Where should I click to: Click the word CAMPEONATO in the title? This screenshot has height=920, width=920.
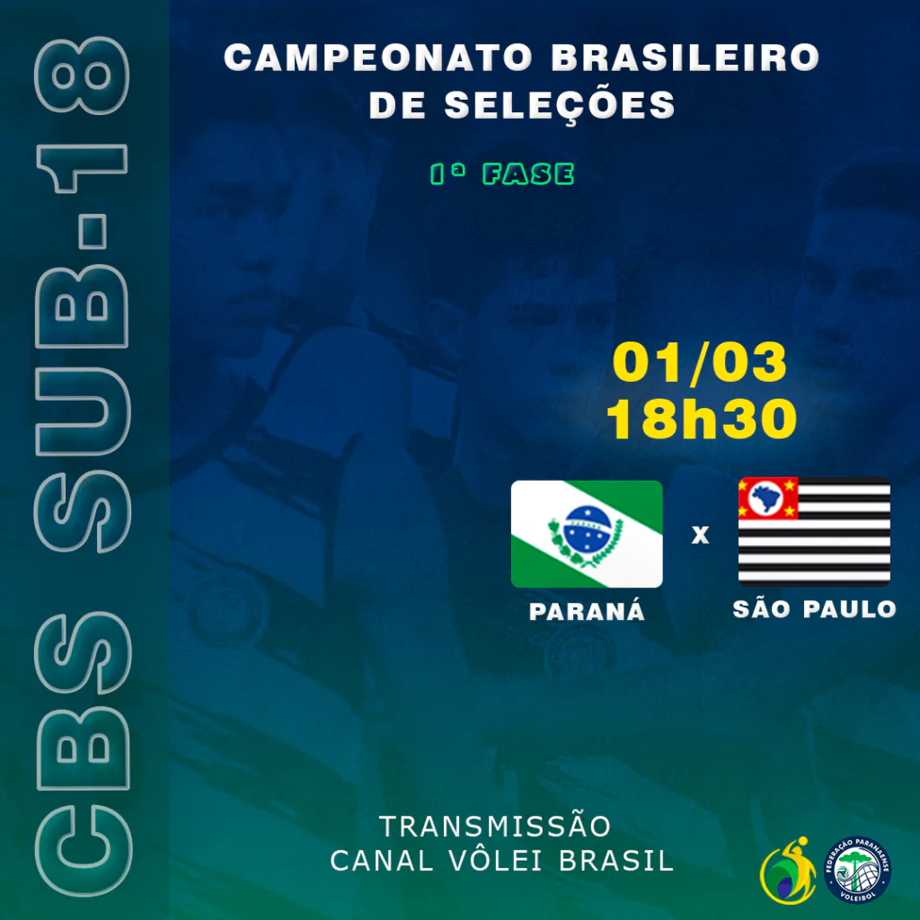tap(378, 57)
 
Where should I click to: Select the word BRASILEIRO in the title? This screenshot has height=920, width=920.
tap(685, 57)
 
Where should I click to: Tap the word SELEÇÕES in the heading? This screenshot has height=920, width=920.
tap(560, 106)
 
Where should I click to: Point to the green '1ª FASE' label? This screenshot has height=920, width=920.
tap(501, 174)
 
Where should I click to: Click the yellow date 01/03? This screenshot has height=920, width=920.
tap(699, 363)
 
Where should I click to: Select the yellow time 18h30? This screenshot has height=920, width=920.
tap(701, 419)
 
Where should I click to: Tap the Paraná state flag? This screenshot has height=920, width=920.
tap(587, 534)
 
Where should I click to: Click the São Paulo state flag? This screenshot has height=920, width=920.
tap(814, 532)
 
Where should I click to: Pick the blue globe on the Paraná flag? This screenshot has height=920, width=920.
tap(587, 529)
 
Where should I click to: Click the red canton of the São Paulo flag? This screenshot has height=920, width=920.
tap(768, 498)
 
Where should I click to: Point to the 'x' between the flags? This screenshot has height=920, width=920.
tap(700, 535)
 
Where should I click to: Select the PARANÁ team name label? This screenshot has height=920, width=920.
tap(587, 611)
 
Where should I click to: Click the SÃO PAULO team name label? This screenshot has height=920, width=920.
tap(814, 609)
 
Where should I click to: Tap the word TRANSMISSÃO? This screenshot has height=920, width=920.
tap(495, 827)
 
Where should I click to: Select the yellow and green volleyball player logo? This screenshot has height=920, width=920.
tap(788, 871)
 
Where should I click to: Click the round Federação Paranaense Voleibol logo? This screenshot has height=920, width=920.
tap(857, 870)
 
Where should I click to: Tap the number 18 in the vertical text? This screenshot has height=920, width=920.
tap(82, 115)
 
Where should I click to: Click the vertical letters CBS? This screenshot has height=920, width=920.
tap(83, 754)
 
